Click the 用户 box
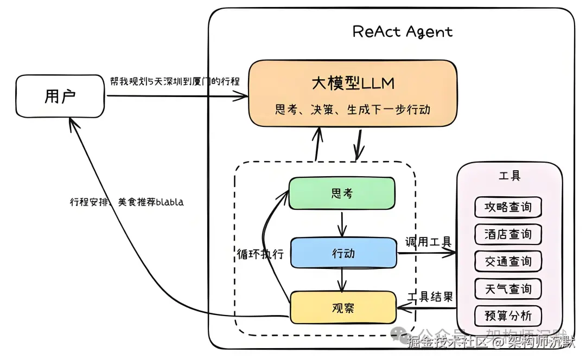point(60,97)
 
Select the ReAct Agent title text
point(402,31)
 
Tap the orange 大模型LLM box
point(353,92)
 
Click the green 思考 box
point(341,193)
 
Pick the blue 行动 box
point(343,253)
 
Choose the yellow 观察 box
point(343,307)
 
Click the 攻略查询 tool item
point(508,207)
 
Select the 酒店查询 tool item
point(508,234)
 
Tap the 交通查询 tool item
point(508,261)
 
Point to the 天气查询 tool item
point(508,288)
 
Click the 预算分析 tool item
point(508,316)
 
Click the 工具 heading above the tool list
point(509,176)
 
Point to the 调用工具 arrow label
point(428,242)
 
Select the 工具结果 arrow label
point(430,297)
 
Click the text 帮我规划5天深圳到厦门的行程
point(174,81)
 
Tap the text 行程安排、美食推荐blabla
point(126,202)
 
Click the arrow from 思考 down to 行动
point(341,223)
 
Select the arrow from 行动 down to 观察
point(342,279)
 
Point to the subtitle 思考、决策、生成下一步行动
point(353,110)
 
